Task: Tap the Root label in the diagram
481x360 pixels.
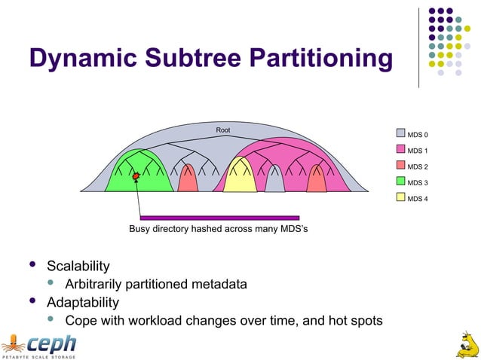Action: pyautogui.click(x=223, y=131)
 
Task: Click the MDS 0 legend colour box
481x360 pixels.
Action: pyautogui.click(x=401, y=135)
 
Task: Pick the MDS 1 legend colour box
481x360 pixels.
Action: pyautogui.click(x=401, y=151)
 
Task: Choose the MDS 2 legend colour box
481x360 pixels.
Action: pyautogui.click(x=401, y=166)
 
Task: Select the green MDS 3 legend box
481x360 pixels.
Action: pyautogui.click(x=401, y=182)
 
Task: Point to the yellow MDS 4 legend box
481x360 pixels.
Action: pyautogui.click(x=401, y=198)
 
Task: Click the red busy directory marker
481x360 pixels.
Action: pyautogui.click(x=136, y=177)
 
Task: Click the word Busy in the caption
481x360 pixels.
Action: pyautogui.click(x=141, y=228)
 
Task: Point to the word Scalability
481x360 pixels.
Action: pyautogui.click(x=78, y=266)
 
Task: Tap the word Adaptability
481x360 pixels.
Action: pyautogui.click(x=83, y=303)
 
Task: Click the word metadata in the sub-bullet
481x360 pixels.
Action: pyautogui.click(x=220, y=284)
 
